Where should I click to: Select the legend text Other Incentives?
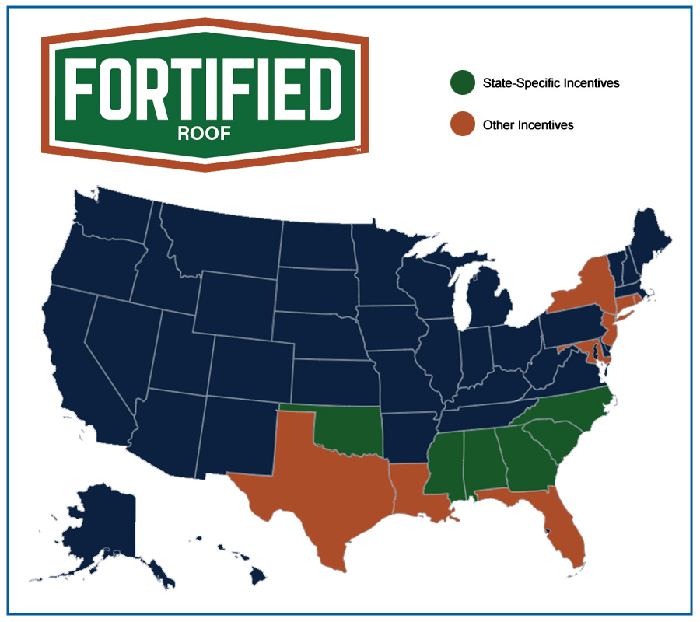pyautogui.click(x=528, y=124)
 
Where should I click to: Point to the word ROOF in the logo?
pyautogui.click(x=204, y=133)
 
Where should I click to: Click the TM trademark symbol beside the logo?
pyautogui.click(x=357, y=149)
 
